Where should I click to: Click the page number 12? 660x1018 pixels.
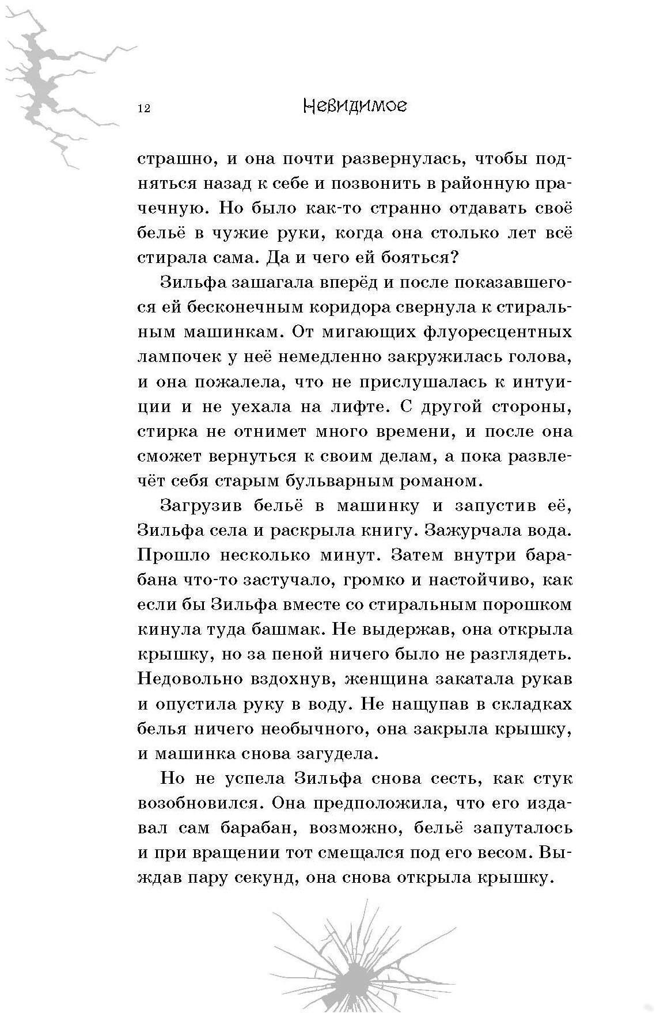(x=144, y=109)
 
